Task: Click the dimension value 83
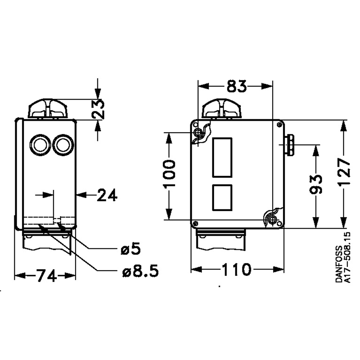(x=236, y=86)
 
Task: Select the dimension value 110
(x=236, y=269)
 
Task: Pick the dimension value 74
(x=46, y=275)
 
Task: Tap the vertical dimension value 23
(x=98, y=109)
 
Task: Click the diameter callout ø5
(x=131, y=249)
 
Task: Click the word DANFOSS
(x=339, y=264)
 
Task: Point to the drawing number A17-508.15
(x=347, y=257)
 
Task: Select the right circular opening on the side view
(x=63, y=145)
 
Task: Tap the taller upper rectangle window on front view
(x=222, y=157)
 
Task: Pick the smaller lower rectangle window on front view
(x=222, y=197)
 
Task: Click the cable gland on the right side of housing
(x=289, y=145)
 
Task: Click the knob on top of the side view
(x=48, y=109)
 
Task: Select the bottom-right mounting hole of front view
(x=272, y=220)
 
